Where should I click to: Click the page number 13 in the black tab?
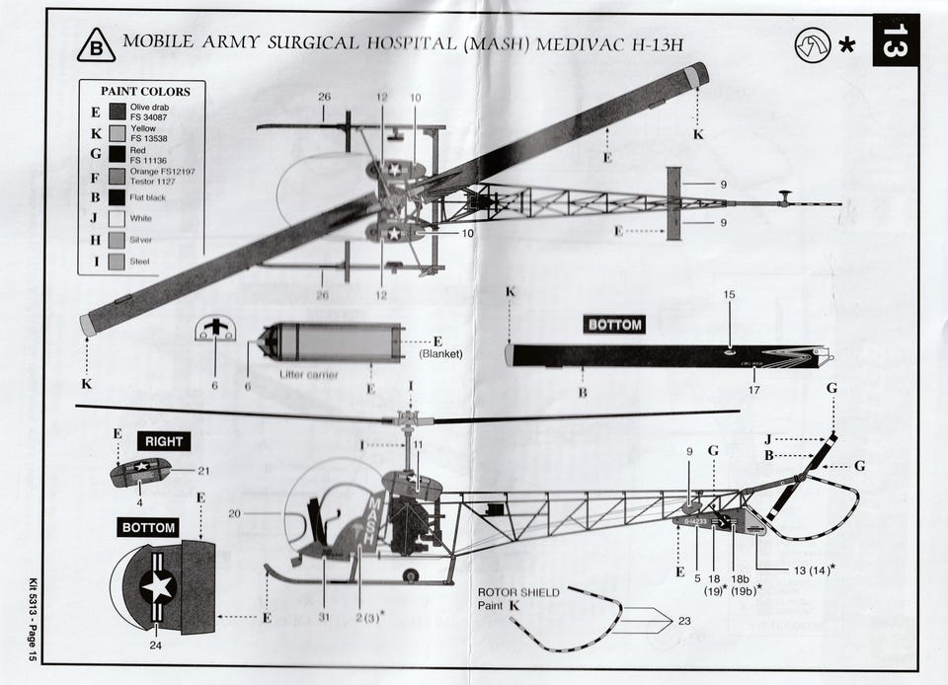coord(895,40)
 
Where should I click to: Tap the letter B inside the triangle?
coord(95,46)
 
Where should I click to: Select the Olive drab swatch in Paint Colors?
coord(117,112)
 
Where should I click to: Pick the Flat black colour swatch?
coord(117,196)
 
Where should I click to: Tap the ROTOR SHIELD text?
coord(518,593)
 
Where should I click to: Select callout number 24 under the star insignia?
coord(154,646)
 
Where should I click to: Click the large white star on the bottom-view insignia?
coord(157,586)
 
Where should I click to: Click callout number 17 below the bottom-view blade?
coord(754,391)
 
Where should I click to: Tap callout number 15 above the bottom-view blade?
coord(729,294)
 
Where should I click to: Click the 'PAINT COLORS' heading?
coord(144,92)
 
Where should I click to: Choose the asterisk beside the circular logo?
coord(846,45)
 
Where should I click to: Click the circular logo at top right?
coord(812,44)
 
